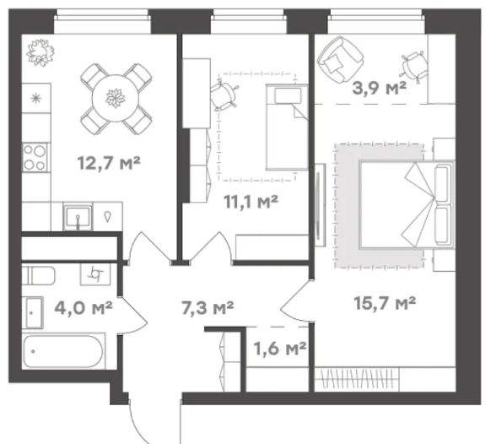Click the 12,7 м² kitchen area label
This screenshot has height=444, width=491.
pyautogui.click(x=109, y=163)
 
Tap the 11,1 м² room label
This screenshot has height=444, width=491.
pyautogui.click(x=251, y=202)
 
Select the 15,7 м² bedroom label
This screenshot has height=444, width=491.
pyautogui.click(x=385, y=303)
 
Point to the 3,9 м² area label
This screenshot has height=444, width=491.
pyautogui.click(x=379, y=88)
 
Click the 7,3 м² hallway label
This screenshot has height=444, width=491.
pyautogui.click(x=208, y=307)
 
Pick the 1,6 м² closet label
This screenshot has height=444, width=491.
pyautogui.click(x=279, y=349)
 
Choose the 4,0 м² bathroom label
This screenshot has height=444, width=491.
pyautogui.click(x=84, y=307)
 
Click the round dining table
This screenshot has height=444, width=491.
pyautogui.click(x=116, y=99)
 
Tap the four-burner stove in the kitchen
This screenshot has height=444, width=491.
pyautogui.click(x=35, y=157)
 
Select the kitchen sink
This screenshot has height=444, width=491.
pyautogui.click(x=78, y=216)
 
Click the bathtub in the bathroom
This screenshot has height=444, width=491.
pyautogui.click(x=63, y=351)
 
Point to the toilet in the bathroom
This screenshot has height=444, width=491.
pyautogui.click(x=38, y=275)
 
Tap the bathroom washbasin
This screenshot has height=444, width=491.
pyautogui.click(x=32, y=312)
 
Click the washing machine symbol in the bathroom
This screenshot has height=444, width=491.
pyautogui.click(x=95, y=274)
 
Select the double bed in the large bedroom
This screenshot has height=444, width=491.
pyautogui.click(x=407, y=204)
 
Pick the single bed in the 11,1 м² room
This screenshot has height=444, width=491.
pyautogui.click(x=287, y=127)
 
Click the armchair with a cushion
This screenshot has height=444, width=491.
pyautogui.click(x=340, y=60)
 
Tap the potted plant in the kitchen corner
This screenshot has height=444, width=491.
pyautogui.click(x=40, y=52)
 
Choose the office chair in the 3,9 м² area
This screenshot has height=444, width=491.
pyautogui.click(x=413, y=67)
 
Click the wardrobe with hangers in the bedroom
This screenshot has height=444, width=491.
pyautogui.click(x=357, y=379)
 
